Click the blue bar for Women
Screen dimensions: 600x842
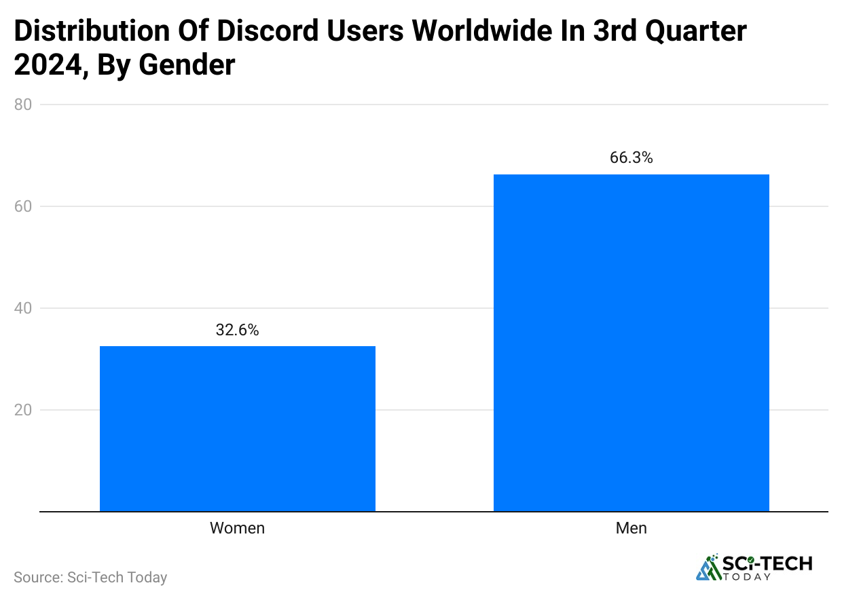[237, 428]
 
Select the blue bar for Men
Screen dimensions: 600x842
[631, 343]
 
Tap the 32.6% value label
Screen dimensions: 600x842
[237, 331]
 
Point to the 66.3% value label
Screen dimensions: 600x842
[631, 158]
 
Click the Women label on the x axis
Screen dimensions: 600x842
[237, 528]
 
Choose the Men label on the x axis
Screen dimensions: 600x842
[631, 528]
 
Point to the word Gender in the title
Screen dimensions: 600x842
[187, 65]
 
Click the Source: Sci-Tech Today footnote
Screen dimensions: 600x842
[90, 578]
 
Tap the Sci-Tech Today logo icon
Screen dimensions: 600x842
[709, 567]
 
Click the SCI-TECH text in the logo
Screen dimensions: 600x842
[767, 563]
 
